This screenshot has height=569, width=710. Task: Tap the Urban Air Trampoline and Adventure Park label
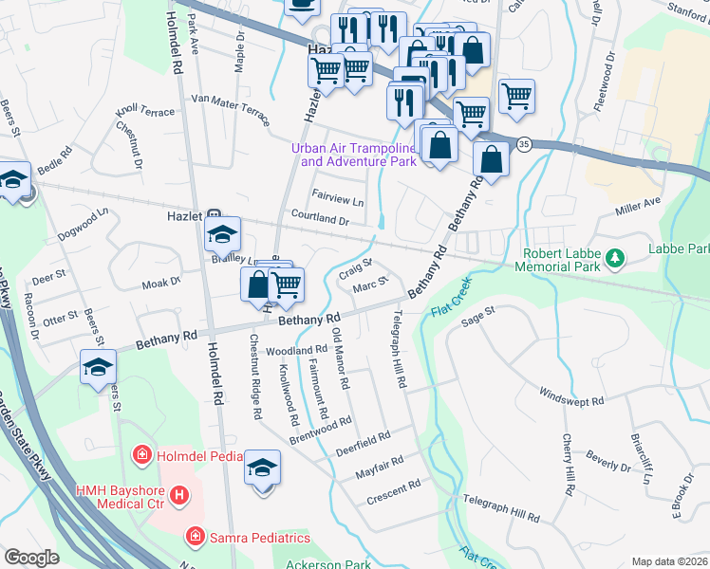354,155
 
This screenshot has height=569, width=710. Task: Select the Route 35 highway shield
524,143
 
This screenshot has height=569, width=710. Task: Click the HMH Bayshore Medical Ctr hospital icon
178,495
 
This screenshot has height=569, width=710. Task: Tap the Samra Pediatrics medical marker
196,538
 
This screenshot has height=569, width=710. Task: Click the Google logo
31,558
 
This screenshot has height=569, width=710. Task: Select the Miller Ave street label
637,203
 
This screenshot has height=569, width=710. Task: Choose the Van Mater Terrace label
231,104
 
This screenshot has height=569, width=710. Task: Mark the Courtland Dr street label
321,219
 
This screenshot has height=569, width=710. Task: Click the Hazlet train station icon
215,216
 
